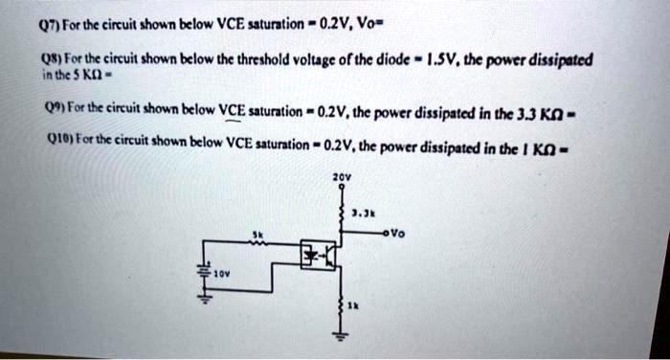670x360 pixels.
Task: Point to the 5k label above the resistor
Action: click(x=257, y=233)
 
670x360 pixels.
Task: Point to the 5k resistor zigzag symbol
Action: click(x=257, y=243)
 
